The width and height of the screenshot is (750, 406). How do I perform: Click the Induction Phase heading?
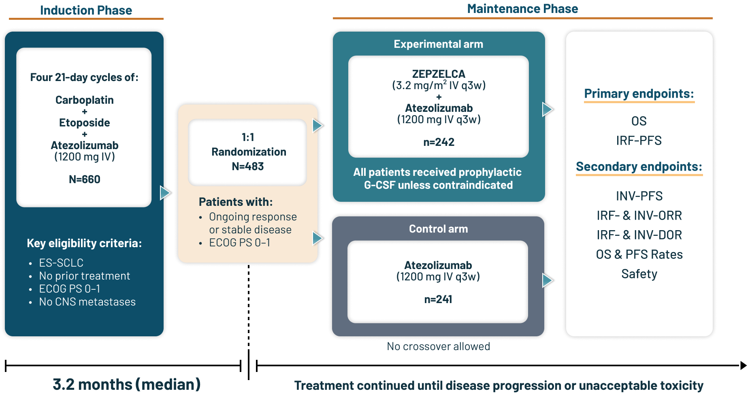[x=86, y=10]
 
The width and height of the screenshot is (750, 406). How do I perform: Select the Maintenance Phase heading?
[x=522, y=9]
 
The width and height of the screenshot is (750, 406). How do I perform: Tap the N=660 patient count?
[x=84, y=179]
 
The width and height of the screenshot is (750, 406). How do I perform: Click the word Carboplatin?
[x=84, y=100]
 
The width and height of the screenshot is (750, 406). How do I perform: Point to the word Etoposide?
[x=84, y=123]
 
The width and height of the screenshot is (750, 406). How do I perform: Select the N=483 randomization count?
[x=247, y=167]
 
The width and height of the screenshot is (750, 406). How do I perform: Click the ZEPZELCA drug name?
[x=439, y=74]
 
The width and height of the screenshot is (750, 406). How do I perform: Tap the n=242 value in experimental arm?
[x=439, y=142]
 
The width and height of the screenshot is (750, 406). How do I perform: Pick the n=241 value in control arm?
[x=438, y=299]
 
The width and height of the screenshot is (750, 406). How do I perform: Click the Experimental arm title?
[x=438, y=44]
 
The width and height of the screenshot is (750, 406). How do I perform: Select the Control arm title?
[x=438, y=229]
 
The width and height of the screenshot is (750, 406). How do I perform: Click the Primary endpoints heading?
[x=639, y=94]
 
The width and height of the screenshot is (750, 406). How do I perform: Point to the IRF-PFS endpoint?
[x=639, y=141]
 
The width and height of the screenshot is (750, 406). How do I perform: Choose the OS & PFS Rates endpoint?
[x=639, y=254]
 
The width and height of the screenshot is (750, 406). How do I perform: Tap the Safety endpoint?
[x=639, y=274]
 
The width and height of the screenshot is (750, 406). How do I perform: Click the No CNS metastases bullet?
[x=87, y=302]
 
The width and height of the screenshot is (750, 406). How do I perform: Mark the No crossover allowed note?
[x=438, y=346]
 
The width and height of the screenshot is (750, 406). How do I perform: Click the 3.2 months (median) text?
[x=127, y=385]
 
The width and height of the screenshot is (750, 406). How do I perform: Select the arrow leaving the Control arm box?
[x=548, y=280]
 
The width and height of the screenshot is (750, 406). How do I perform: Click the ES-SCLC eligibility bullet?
[x=61, y=263]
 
